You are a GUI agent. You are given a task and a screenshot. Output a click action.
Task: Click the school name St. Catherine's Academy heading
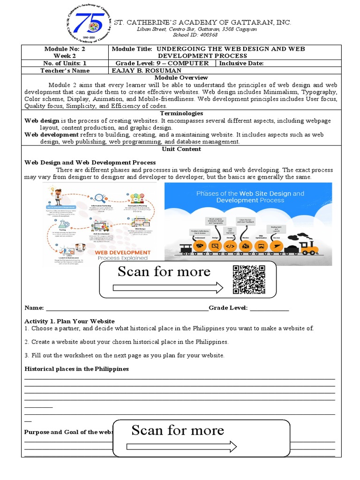(x=203, y=22)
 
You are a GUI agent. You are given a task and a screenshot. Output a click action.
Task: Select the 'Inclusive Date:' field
(x=241, y=63)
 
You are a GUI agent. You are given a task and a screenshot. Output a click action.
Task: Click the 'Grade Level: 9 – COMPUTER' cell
(x=162, y=63)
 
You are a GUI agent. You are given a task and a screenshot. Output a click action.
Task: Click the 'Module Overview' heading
(x=181, y=77)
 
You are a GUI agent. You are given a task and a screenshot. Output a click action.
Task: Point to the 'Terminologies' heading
(x=181, y=113)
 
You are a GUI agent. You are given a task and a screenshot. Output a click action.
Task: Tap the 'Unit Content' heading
(x=181, y=149)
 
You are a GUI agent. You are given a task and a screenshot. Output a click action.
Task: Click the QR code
(x=249, y=280)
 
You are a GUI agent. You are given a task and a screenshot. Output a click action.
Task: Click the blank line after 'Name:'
(x=127, y=308)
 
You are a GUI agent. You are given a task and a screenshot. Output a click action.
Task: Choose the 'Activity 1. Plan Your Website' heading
(x=69, y=321)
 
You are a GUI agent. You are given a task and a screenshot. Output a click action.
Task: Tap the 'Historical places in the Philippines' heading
(x=76, y=369)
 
